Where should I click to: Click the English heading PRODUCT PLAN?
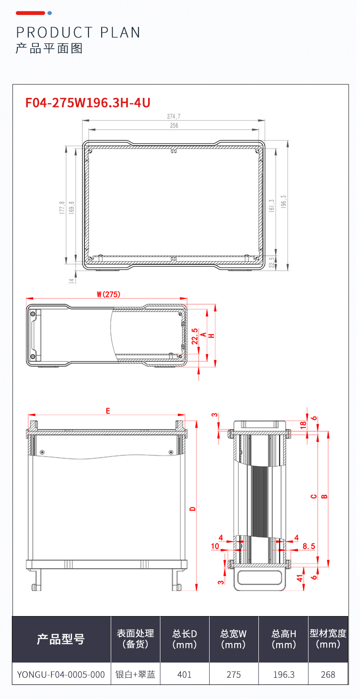(x=78, y=32)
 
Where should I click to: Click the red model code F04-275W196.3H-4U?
(x=88, y=103)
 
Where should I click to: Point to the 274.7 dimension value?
(x=174, y=117)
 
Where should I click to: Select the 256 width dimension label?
(x=174, y=126)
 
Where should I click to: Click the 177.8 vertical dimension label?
(x=62, y=208)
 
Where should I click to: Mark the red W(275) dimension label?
(x=108, y=295)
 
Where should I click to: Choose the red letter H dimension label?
(x=211, y=335)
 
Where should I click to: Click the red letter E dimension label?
(x=108, y=411)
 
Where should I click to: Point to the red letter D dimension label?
(x=192, y=508)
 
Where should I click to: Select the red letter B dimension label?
(x=324, y=496)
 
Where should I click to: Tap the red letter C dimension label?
(x=314, y=496)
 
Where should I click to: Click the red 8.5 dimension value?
(x=309, y=545)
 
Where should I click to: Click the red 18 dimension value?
(x=303, y=424)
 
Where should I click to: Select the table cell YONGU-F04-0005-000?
(x=61, y=674)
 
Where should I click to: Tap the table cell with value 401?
(x=185, y=674)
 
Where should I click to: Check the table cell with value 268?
(x=328, y=674)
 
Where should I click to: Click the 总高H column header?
(x=283, y=639)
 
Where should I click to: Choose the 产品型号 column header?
(x=61, y=639)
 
